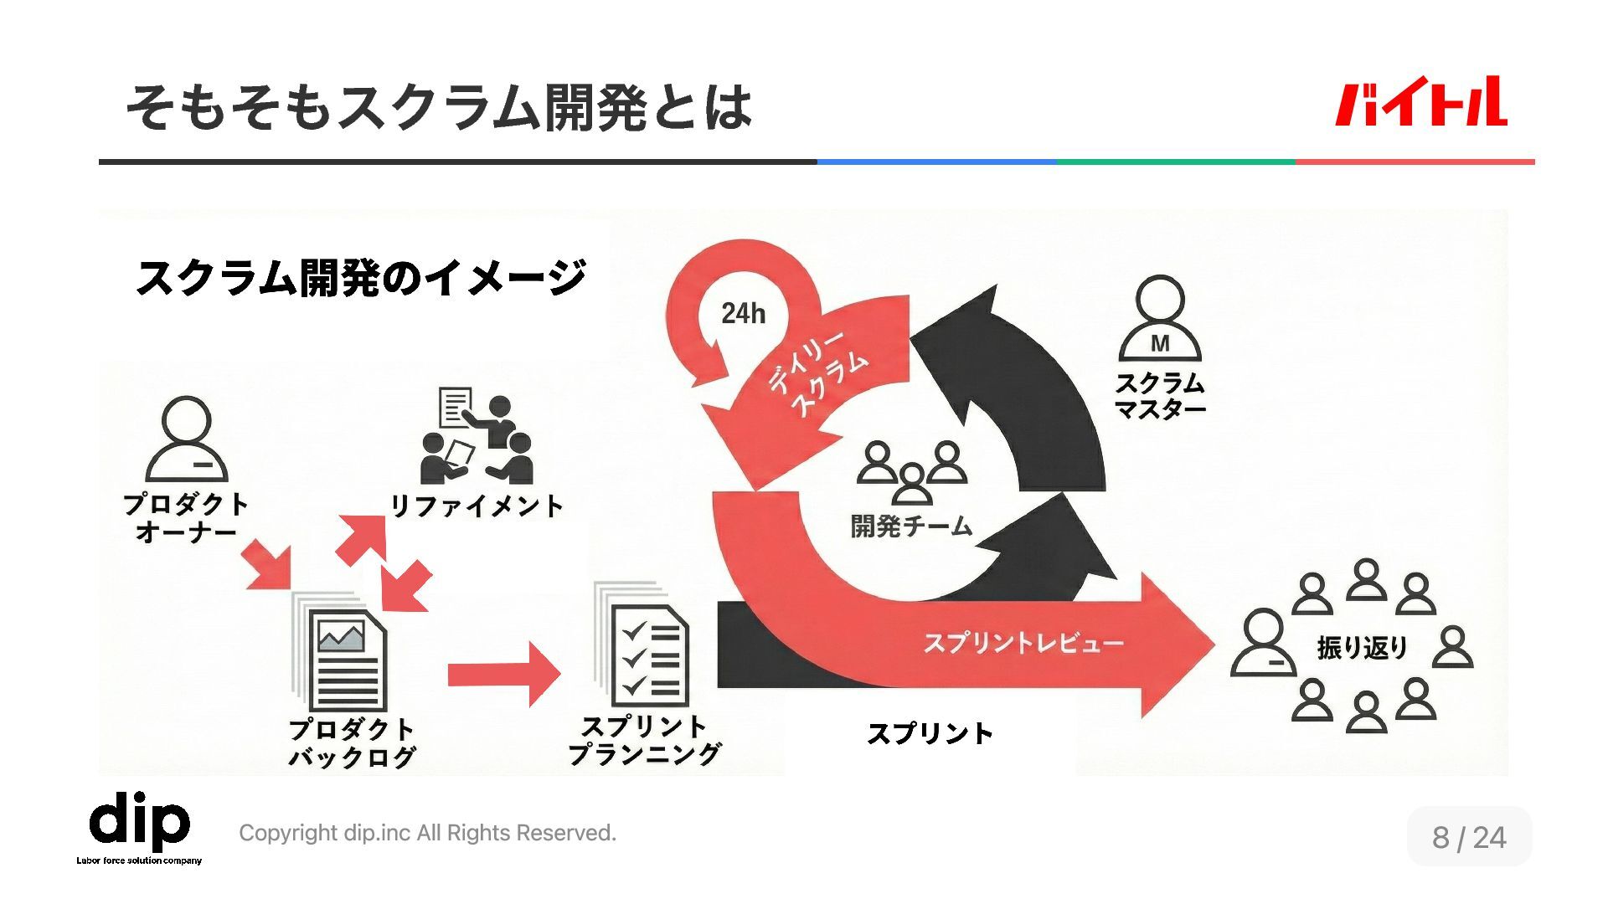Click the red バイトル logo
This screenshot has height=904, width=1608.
(x=1420, y=103)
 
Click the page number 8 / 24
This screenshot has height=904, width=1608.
(x=1469, y=836)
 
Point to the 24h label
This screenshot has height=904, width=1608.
(x=743, y=314)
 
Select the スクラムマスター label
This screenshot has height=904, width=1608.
(x=1160, y=396)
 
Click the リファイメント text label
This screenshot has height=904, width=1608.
(x=477, y=506)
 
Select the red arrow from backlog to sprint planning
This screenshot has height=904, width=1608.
(x=503, y=674)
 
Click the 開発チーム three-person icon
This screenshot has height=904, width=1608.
(x=912, y=471)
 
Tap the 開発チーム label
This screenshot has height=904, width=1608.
(x=911, y=526)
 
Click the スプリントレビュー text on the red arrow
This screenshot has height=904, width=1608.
(x=1023, y=643)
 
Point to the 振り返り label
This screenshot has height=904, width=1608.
(x=1362, y=647)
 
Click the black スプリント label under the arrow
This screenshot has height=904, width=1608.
(x=930, y=734)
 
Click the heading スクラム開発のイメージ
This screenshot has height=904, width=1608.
(x=360, y=277)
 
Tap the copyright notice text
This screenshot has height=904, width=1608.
(x=427, y=833)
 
